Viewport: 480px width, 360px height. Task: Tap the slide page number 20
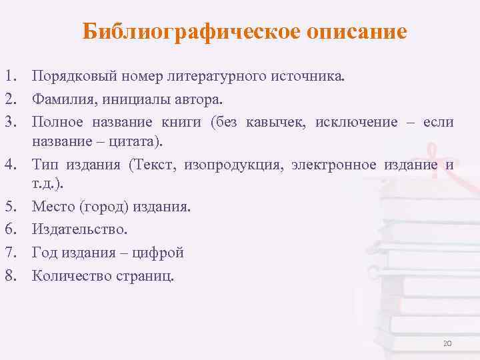(447, 343)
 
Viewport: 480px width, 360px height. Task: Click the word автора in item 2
(203, 99)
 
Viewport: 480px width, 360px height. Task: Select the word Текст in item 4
(148, 165)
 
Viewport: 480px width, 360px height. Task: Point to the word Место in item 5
(53, 207)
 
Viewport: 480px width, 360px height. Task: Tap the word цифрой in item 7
(159, 252)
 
